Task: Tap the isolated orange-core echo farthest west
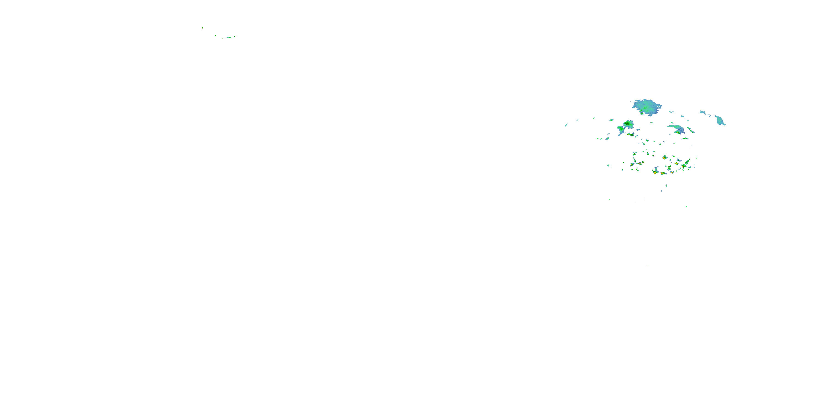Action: pos(203,28)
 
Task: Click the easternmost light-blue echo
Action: pos(719,120)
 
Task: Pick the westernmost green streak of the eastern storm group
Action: pos(566,125)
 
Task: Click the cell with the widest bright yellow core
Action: pos(664,157)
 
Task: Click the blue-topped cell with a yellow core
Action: pos(655,171)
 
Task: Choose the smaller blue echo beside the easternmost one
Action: pos(702,112)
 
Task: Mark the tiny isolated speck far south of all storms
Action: pos(648,265)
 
